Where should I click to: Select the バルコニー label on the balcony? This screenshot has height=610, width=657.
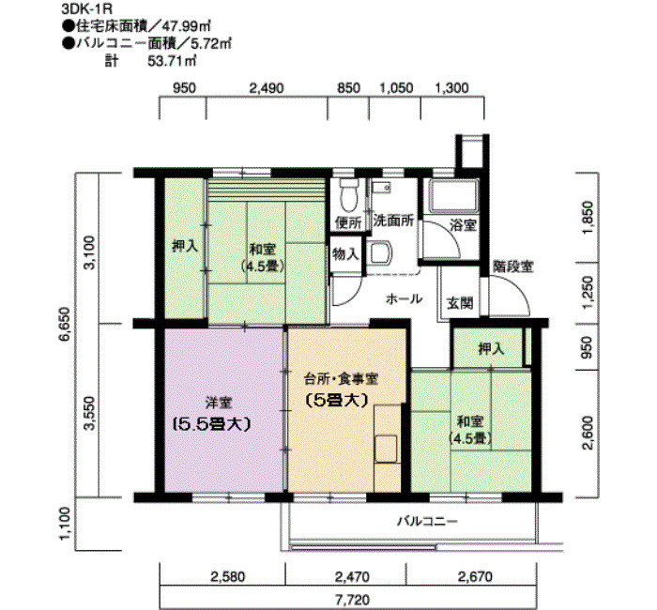[x=425, y=519]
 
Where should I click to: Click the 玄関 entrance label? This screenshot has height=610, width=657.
[x=459, y=304]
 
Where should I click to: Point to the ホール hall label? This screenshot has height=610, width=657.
[x=404, y=298]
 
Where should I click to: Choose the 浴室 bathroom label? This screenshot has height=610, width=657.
[x=462, y=225]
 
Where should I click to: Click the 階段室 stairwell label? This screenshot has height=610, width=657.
[x=513, y=267]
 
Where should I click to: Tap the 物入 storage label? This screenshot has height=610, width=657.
[x=345, y=253]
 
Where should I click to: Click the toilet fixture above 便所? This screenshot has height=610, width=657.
[x=349, y=193]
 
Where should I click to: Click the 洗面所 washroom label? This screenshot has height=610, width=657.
[x=393, y=222]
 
